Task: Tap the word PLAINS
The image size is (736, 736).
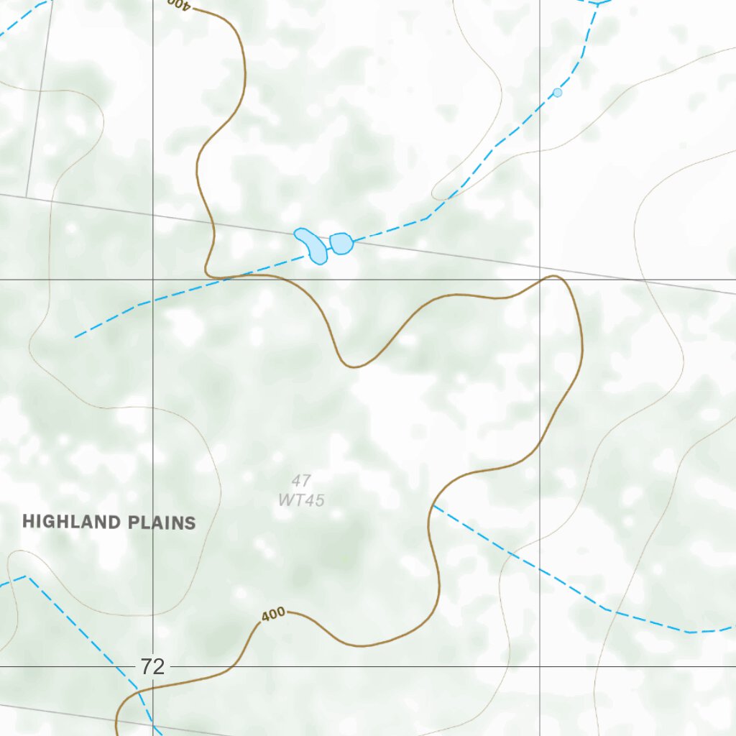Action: point(162,523)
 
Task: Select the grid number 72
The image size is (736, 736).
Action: point(152,666)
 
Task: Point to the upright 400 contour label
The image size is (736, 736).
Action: point(273,615)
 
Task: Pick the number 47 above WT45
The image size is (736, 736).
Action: point(301,481)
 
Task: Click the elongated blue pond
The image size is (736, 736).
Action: point(311,244)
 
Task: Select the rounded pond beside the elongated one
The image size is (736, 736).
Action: point(341,244)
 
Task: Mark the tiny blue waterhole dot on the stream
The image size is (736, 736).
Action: point(557,93)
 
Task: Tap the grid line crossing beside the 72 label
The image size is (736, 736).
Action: point(153,666)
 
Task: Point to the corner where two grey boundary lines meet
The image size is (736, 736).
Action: point(27,195)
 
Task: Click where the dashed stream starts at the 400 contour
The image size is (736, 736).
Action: point(433,506)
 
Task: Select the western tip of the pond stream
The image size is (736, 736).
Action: point(75,337)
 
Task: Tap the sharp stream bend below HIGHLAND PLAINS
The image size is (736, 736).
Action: point(26,576)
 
